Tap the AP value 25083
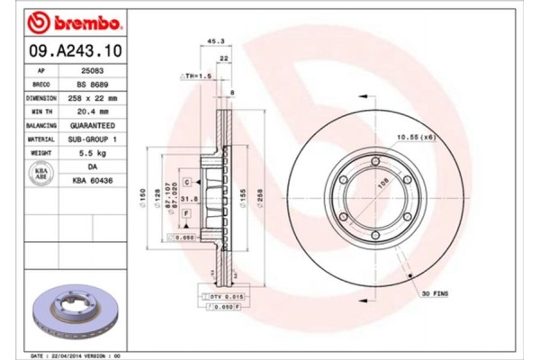(93, 68)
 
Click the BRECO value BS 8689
(93, 83)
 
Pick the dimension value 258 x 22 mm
(93, 97)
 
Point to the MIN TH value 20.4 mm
(93, 112)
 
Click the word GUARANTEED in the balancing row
(93, 126)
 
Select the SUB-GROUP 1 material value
(93, 140)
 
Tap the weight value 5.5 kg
(93, 155)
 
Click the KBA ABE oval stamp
(40, 174)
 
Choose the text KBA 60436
(93, 181)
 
